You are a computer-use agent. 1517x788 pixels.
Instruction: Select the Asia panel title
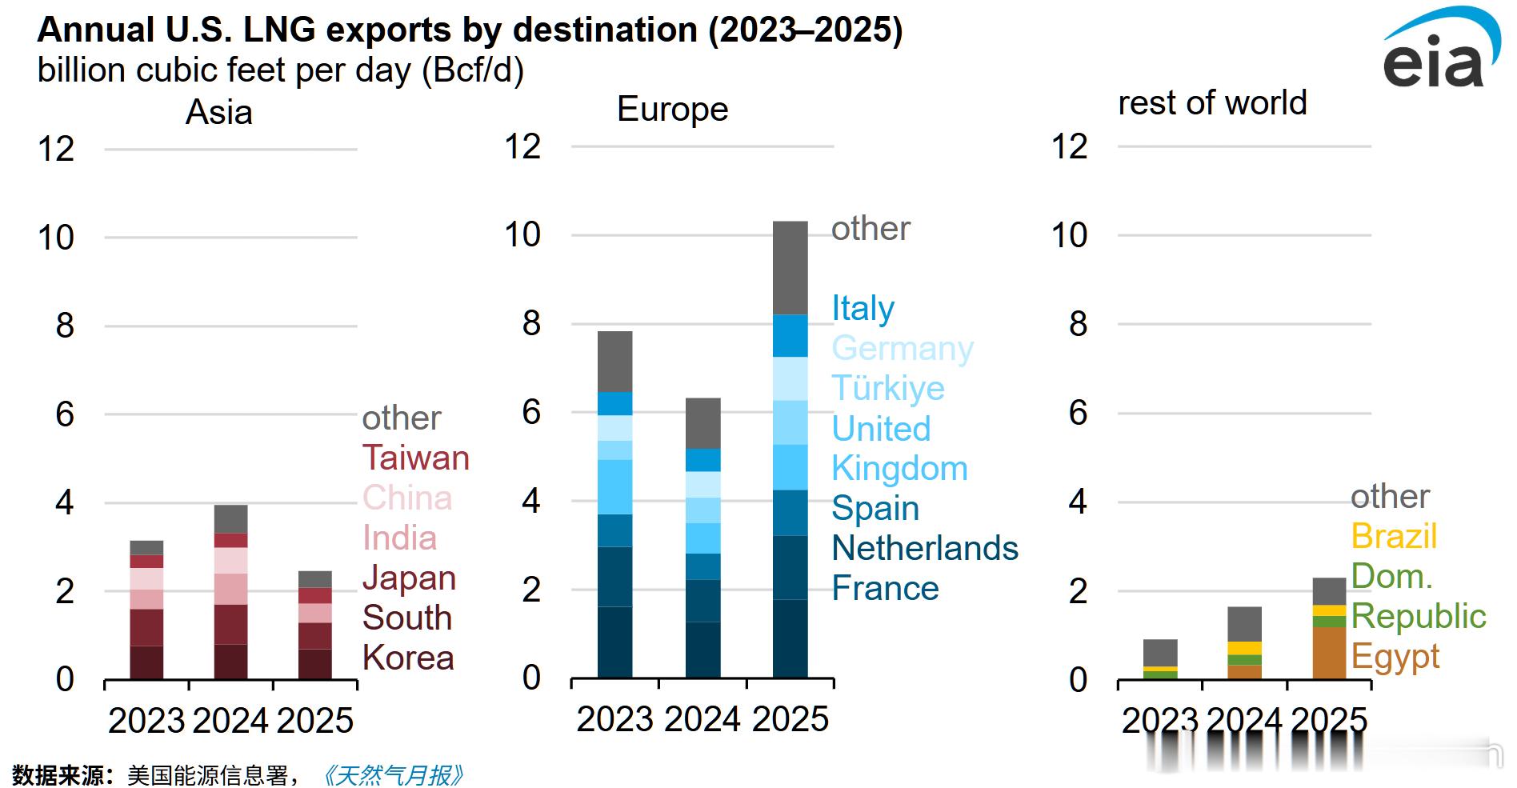point(218,112)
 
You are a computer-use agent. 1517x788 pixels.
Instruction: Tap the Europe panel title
point(672,109)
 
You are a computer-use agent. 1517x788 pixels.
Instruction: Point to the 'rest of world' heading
point(1211,102)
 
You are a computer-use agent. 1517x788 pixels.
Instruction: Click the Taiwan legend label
point(415,458)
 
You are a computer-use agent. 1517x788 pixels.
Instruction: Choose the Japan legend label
point(409,578)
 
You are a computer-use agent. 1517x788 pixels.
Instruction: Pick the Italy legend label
point(863,308)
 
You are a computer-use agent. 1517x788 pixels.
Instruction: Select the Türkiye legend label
point(887,388)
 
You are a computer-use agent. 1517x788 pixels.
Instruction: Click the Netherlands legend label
point(924,548)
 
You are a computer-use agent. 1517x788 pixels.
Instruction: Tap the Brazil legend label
point(1394,536)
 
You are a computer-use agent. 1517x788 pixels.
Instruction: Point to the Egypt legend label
point(1395,656)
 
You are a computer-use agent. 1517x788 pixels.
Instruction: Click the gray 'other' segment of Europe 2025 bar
point(790,268)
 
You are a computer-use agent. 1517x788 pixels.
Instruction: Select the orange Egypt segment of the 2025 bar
point(1329,653)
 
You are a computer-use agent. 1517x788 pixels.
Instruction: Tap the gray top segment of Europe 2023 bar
point(614,362)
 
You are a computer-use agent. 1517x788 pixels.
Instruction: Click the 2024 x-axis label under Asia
point(230,721)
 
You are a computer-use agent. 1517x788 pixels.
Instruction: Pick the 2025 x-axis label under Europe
point(790,718)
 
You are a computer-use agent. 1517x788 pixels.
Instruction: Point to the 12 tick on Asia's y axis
point(56,149)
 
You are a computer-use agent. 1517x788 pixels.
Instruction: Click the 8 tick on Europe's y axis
point(531,323)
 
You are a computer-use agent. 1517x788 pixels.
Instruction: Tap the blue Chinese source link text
point(393,775)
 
